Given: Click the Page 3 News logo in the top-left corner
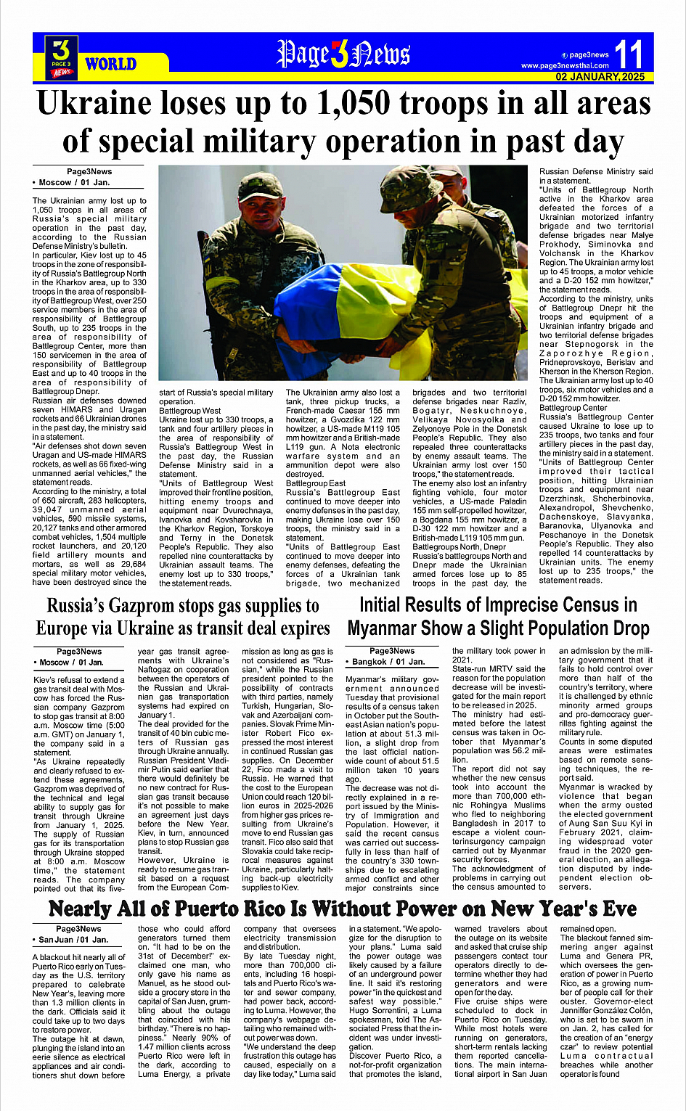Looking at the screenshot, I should click(61, 58).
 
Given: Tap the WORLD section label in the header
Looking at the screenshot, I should click(110, 64).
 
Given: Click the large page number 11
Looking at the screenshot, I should click(628, 54).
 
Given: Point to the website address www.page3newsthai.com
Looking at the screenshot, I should click(565, 66).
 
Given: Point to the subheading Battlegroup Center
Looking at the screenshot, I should click(573, 408).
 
